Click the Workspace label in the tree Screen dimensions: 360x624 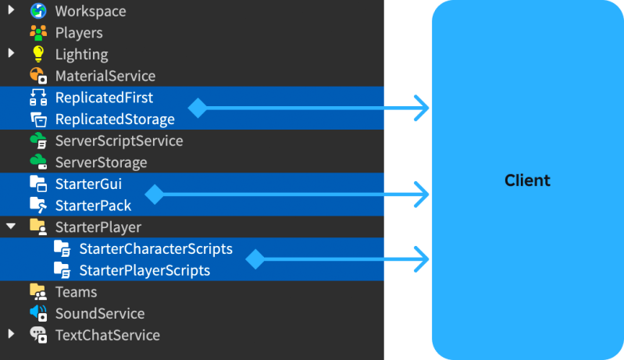[90, 12]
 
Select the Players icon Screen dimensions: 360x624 [37, 34]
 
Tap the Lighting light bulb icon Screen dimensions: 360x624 [37, 55]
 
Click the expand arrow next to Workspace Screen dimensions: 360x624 [11, 12]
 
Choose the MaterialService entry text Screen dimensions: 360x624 [105, 77]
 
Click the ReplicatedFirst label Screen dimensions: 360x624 [104, 98]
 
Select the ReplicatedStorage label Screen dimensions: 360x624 [114, 119]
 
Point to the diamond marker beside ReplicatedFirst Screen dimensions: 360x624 [198, 109]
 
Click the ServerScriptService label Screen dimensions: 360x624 [119, 141]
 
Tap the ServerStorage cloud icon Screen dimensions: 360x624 [37, 162]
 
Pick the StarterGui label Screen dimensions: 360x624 [88, 184]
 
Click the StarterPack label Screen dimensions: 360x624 [93, 206]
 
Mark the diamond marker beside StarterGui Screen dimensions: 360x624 [155, 194]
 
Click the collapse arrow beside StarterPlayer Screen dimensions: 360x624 [11, 227]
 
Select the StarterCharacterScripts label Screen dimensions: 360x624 [155, 249]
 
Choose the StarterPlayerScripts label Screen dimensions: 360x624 [144, 271]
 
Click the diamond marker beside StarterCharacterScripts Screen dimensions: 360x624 [255, 260]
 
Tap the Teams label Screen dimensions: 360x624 [76, 292]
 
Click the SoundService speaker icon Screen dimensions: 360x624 [37, 313]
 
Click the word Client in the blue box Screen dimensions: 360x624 [527, 180]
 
